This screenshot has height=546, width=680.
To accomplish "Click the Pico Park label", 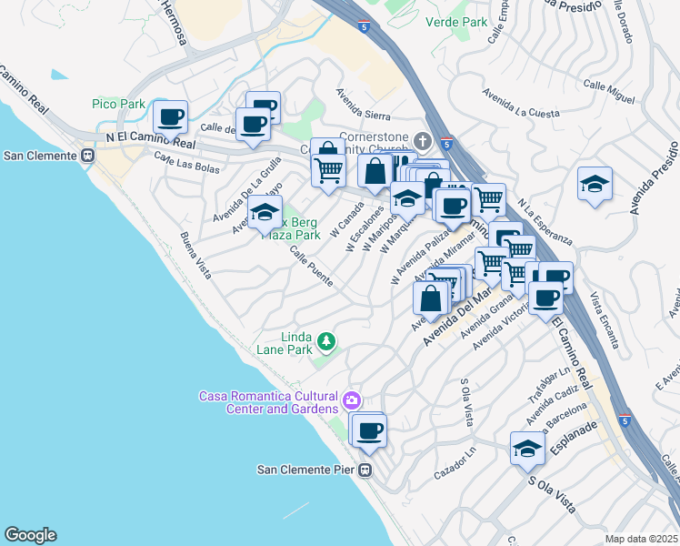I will pyautogui.click(x=118, y=105).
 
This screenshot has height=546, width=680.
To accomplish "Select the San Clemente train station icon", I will pyautogui.click(x=88, y=156).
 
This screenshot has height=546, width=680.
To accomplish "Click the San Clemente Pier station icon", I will pyautogui.click(x=364, y=470).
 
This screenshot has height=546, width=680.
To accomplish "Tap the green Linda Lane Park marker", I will pyautogui.click(x=325, y=343).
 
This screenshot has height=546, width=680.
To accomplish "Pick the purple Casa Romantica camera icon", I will pyautogui.click(x=352, y=399).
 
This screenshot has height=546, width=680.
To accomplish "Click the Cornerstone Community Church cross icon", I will pyautogui.click(x=422, y=141).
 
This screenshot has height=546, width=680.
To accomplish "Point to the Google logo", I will pyautogui.click(x=30, y=535).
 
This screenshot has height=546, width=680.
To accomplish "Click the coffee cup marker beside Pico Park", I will pyautogui.click(x=170, y=116).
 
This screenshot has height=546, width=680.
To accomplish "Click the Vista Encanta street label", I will pyautogui.click(x=604, y=319).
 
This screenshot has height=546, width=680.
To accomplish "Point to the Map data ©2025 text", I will pyautogui.click(x=641, y=539).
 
